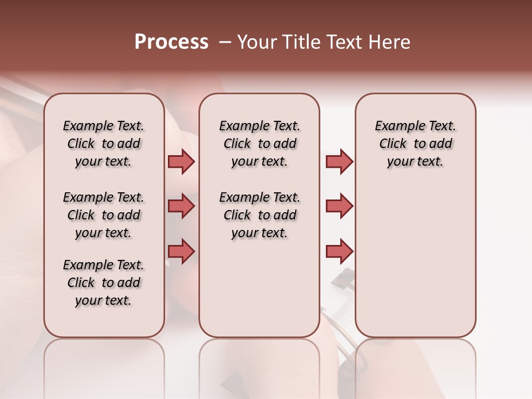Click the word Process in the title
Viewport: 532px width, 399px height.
(x=171, y=42)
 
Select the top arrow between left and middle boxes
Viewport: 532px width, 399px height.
(x=181, y=161)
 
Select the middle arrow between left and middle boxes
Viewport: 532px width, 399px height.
(x=181, y=206)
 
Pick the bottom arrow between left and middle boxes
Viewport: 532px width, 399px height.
(x=181, y=251)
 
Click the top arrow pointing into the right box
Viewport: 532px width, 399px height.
(x=339, y=161)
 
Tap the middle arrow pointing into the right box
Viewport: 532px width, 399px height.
(x=339, y=206)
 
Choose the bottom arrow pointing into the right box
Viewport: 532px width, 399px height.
(x=339, y=251)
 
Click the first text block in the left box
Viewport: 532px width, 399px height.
(x=104, y=144)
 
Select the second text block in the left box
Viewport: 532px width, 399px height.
(x=104, y=215)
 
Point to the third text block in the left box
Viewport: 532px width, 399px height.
(x=104, y=283)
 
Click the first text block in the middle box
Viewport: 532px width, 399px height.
(x=259, y=144)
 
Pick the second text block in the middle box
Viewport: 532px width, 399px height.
(x=259, y=215)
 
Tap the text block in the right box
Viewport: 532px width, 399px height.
(x=416, y=144)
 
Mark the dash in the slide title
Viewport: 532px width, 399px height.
(x=224, y=42)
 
